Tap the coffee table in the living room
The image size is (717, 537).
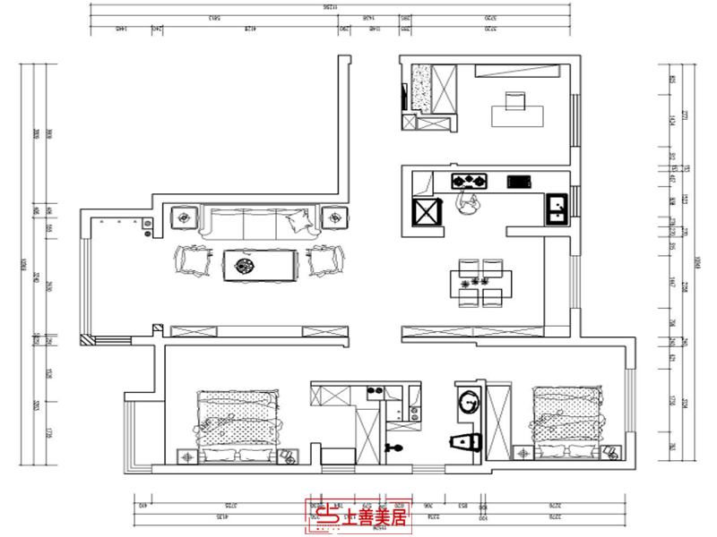(259, 264)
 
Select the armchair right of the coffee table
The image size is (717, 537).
(325, 260)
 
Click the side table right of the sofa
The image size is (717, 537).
(333, 217)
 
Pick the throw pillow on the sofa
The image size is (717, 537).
(297, 220)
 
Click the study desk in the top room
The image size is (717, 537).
(517, 115)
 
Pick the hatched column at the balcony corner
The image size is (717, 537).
(86, 340)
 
